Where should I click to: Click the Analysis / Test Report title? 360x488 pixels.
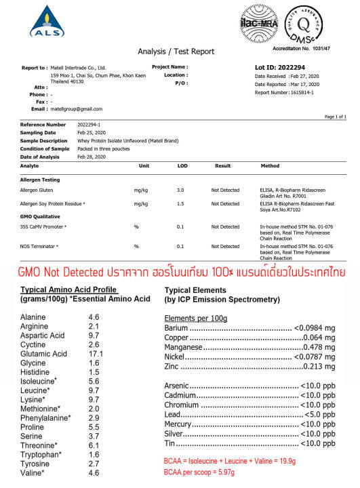pyautogui.click(x=176, y=52)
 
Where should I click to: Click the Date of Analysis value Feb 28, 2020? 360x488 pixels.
pyautogui.click(x=92, y=157)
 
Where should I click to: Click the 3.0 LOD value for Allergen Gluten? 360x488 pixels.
pyautogui.click(x=180, y=190)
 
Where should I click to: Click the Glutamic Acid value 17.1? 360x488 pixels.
pyautogui.click(x=97, y=354)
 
